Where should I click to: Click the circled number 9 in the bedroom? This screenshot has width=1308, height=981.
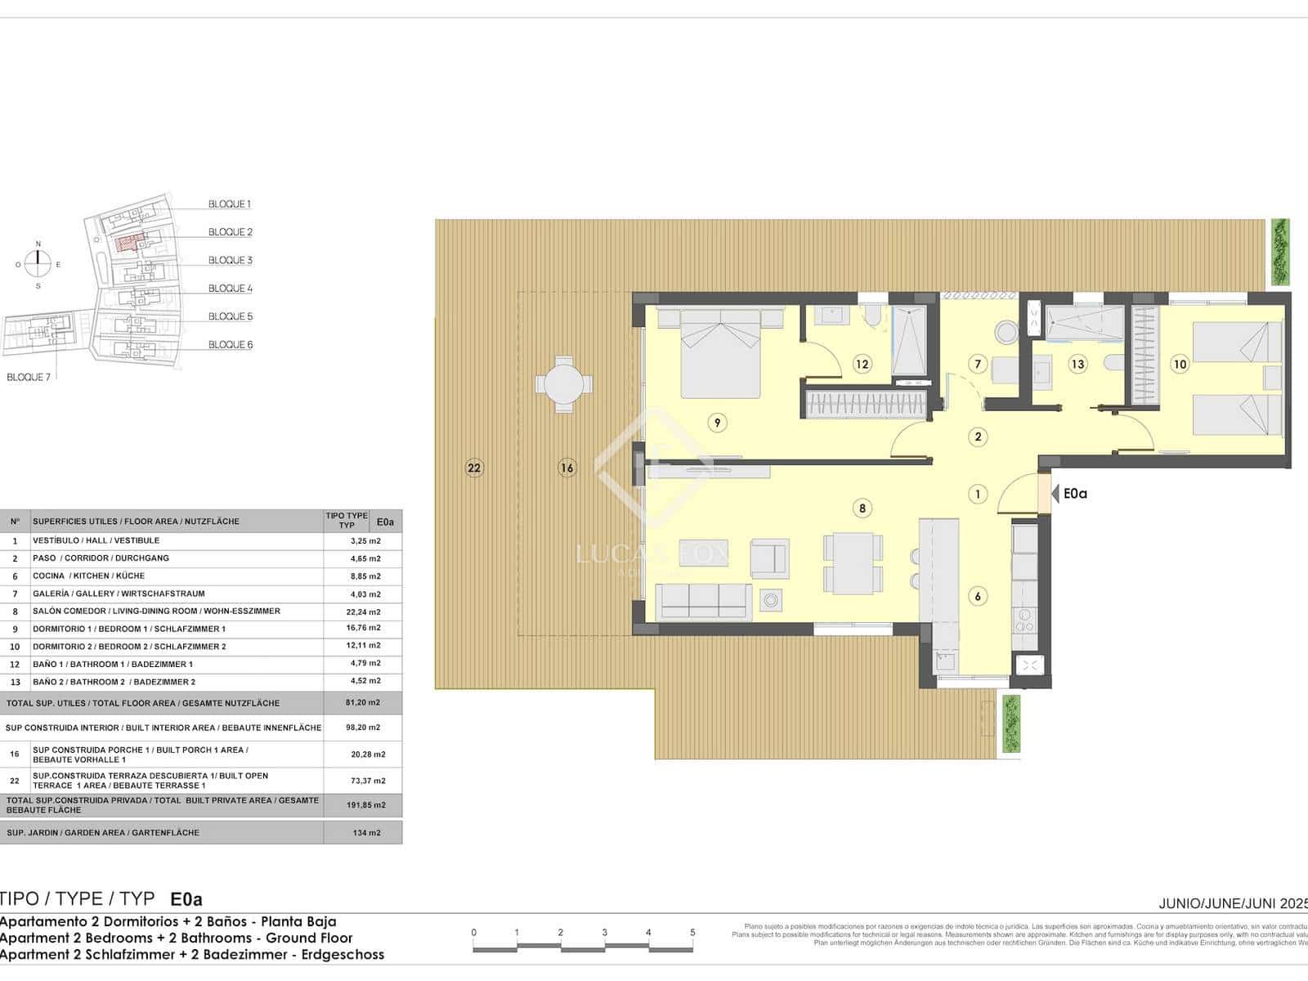click(717, 423)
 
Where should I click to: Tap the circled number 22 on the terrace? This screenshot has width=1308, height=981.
click(474, 468)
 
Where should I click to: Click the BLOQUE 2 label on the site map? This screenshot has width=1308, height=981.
click(230, 232)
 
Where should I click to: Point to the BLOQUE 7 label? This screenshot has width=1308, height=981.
click(29, 377)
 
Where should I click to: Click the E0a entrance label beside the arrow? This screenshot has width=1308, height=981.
click(1076, 494)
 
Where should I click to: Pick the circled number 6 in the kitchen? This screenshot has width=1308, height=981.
click(978, 596)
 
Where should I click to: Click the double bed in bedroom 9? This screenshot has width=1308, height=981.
click(720, 353)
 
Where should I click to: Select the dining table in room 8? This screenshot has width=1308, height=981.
click(853, 564)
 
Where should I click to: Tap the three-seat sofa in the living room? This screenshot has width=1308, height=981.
click(703, 602)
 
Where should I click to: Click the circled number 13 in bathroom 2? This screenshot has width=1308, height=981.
click(1077, 365)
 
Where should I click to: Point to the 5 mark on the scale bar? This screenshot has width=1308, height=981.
click(692, 933)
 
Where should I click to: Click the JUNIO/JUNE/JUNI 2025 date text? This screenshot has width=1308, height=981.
click(1233, 903)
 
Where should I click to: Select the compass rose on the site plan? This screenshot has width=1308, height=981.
click(38, 263)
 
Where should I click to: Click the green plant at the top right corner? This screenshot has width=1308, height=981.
click(1280, 252)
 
